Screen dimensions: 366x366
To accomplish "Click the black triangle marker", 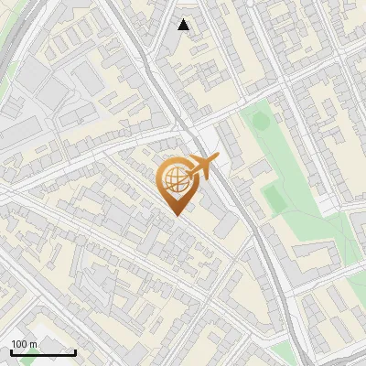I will click(x=184, y=25).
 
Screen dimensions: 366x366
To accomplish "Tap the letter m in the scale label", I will click(x=34, y=344).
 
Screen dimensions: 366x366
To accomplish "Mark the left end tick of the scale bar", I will click(x=11, y=352).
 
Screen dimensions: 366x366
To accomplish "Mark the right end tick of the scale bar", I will click(x=75, y=352).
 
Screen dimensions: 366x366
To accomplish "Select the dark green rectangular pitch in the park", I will click(x=272, y=195).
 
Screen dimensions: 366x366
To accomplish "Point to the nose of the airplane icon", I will click(x=216, y=159).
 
